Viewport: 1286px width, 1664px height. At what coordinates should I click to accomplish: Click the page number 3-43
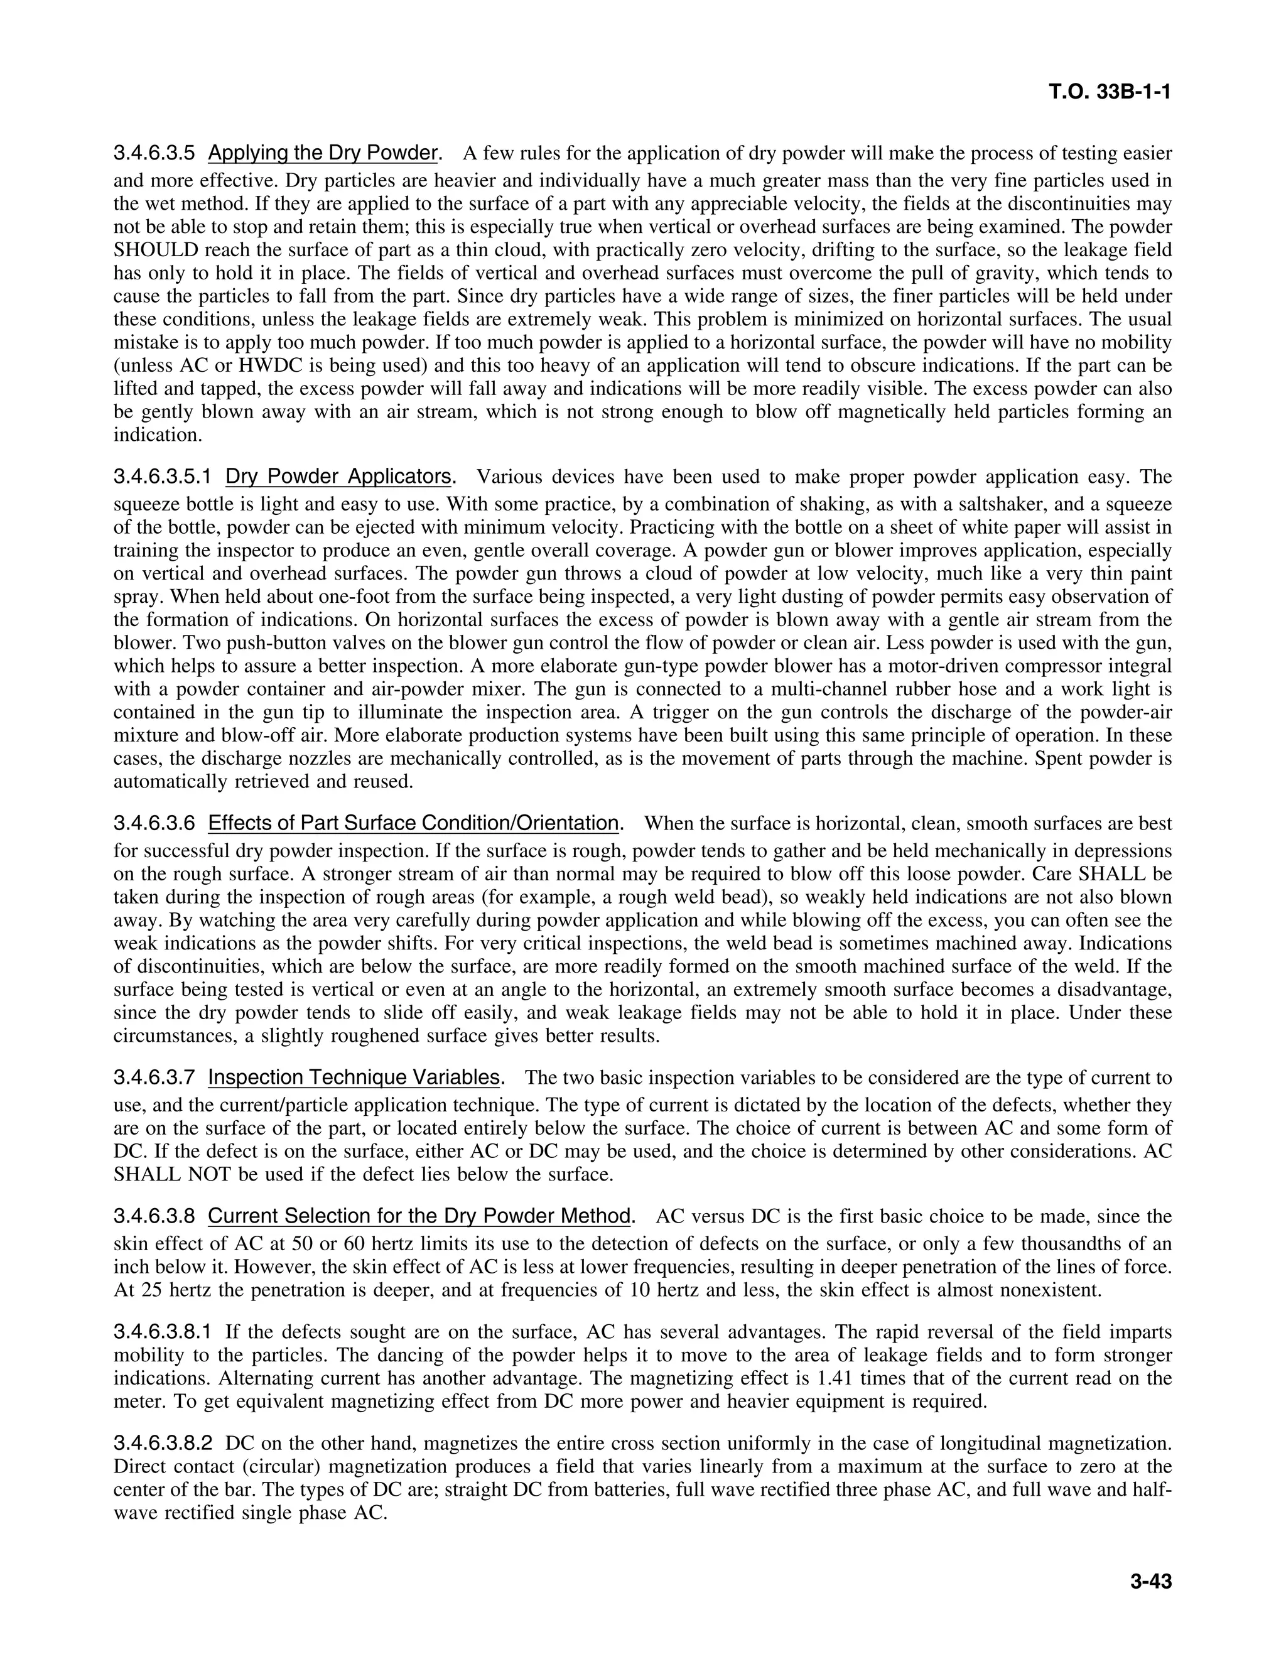[x=1151, y=1582]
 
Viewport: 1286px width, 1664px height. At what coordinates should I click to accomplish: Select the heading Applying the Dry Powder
[x=322, y=153]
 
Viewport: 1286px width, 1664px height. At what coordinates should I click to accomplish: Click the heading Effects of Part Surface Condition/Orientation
[x=414, y=824]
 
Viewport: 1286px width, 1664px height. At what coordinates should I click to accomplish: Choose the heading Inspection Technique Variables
[x=354, y=1078]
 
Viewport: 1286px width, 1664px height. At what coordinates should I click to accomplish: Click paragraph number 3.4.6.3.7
[x=154, y=1078]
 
